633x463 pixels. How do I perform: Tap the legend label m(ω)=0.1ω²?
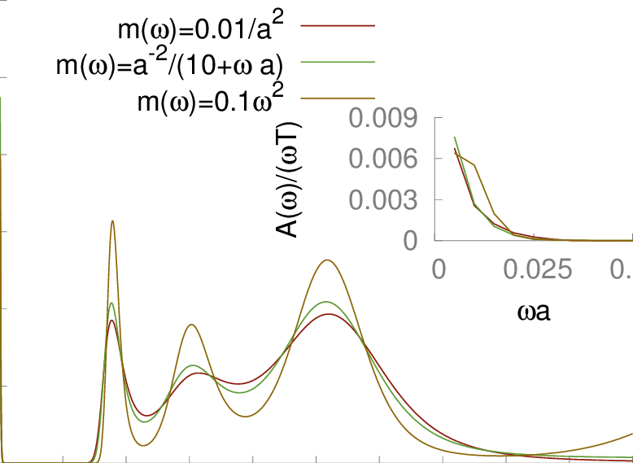tap(216, 99)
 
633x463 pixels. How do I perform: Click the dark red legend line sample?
tap(338, 26)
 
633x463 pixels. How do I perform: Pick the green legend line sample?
tap(338, 62)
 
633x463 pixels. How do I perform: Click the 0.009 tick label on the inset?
tap(383, 120)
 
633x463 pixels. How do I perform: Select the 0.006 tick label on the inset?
tap(383, 159)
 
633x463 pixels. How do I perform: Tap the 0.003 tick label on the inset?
tap(383, 200)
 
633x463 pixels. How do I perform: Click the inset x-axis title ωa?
tap(534, 311)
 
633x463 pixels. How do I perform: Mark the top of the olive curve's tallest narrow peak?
tap(112, 221)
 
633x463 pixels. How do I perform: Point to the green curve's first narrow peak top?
tap(112, 304)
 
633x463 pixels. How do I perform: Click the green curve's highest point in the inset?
tap(455, 137)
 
